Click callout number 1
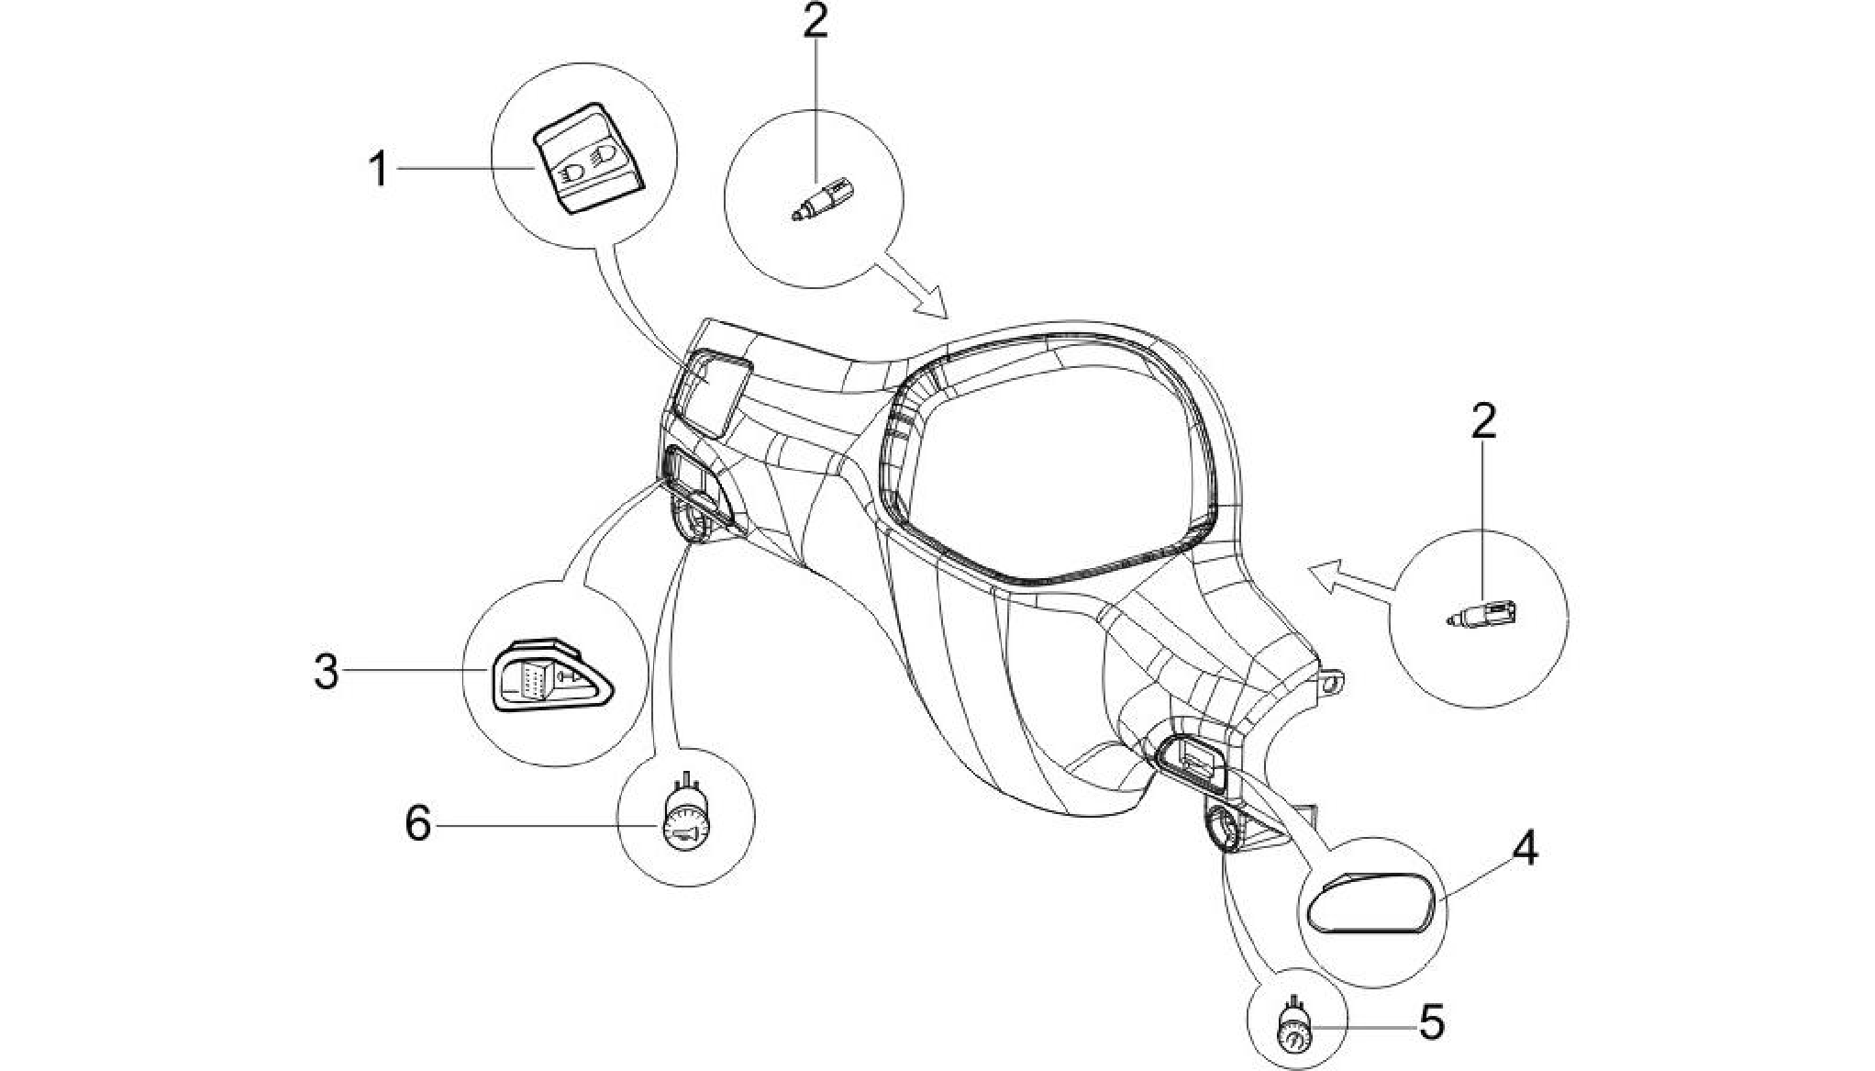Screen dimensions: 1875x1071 [378, 170]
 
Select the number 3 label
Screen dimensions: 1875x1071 [327, 672]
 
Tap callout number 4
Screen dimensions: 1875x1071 [1525, 849]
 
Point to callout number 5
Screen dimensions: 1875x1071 [1431, 1022]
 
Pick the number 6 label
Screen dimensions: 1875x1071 [418, 823]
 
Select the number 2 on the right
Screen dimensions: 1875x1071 [1483, 421]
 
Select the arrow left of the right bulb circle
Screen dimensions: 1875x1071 [1351, 586]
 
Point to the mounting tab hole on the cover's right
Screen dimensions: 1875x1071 [1333, 683]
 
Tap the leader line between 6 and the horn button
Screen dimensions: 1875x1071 [548, 825]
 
